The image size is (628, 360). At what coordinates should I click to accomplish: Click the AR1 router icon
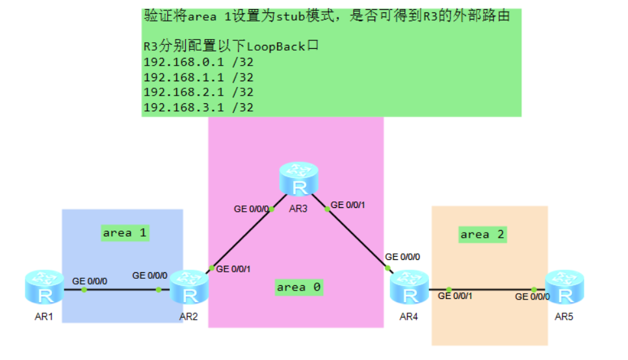pos(45,289)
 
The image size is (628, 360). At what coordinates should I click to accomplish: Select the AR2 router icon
pos(190,289)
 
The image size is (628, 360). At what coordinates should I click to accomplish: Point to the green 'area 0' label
pos(298,287)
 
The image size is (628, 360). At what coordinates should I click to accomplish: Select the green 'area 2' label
pos(482,234)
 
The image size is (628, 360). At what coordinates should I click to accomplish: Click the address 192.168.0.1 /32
pos(198,62)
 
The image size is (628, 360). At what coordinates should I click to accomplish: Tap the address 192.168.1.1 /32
pos(198,77)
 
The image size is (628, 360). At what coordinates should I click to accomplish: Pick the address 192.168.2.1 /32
pos(198,92)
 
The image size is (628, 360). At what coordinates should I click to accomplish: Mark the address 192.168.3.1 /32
pos(198,107)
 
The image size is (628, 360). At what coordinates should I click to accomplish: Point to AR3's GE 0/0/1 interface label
pos(348,205)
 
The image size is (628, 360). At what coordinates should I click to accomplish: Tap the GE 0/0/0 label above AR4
pos(402,257)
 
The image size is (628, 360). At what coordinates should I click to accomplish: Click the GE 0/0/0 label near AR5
pos(532,296)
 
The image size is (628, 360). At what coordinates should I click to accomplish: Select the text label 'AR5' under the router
pos(565,318)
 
